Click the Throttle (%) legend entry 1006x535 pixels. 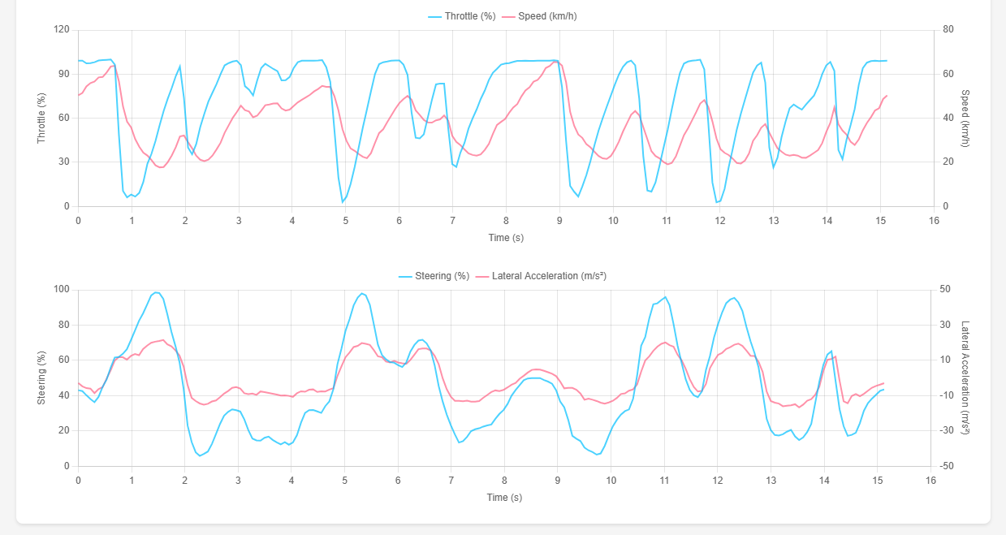click(461, 16)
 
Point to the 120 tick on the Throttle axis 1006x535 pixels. click(62, 30)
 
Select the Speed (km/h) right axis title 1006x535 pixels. click(965, 118)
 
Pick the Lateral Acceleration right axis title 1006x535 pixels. click(965, 378)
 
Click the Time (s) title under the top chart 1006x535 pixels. click(505, 238)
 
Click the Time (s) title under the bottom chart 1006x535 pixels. click(505, 498)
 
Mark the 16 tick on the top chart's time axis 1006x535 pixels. click(934, 220)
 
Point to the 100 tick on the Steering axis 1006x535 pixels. click(62, 290)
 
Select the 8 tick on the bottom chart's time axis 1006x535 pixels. click(504, 480)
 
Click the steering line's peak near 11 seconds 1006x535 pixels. click(665, 297)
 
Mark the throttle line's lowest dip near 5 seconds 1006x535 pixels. click(343, 201)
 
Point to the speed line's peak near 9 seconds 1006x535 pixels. click(555, 62)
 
